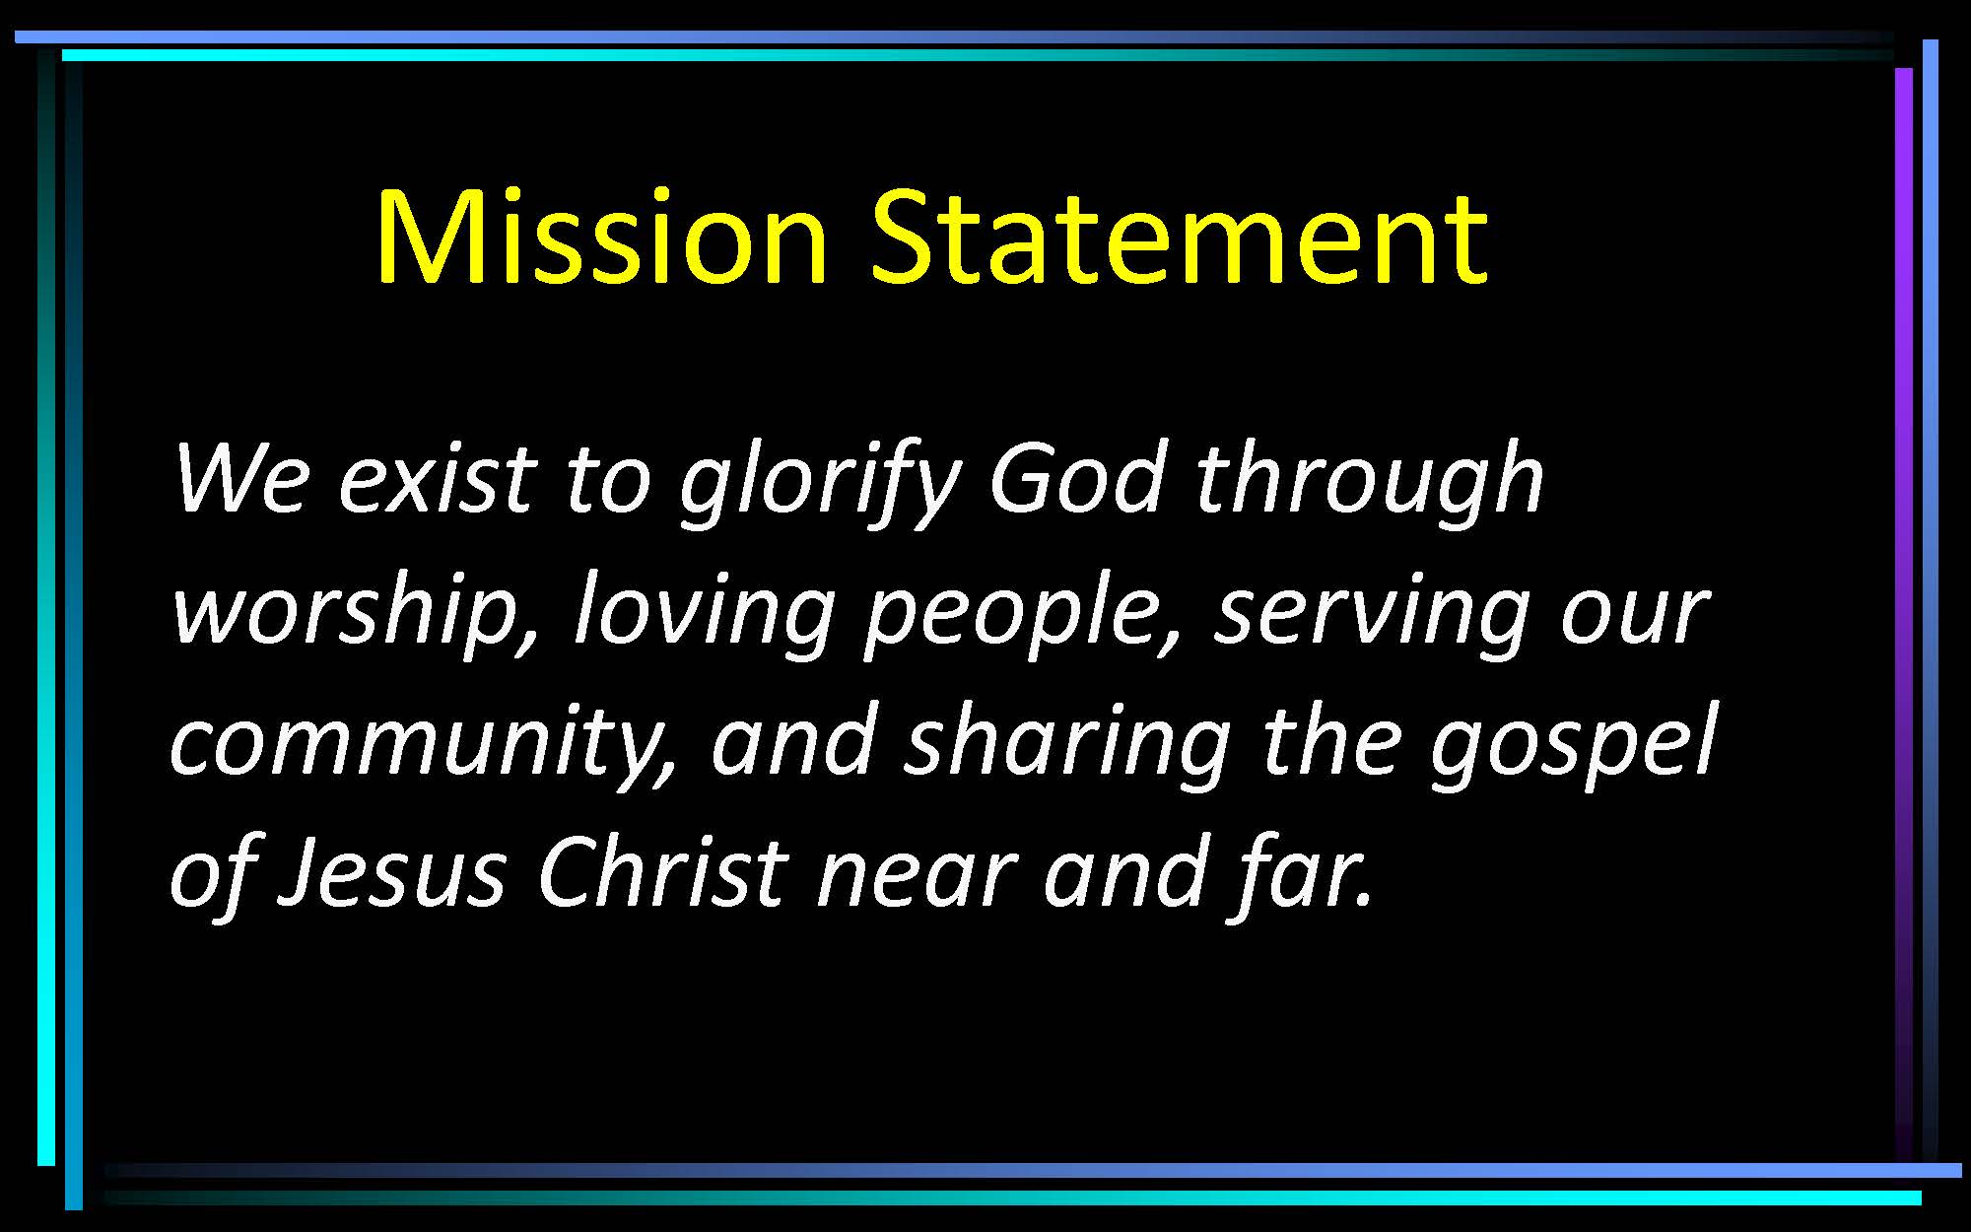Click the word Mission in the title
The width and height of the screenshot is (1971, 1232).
click(601, 237)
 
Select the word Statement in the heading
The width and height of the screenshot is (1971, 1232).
click(1179, 237)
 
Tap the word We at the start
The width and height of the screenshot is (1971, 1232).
click(242, 478)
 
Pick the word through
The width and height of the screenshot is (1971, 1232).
click(1370, 483)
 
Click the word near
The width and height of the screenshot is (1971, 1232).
click(917, 877)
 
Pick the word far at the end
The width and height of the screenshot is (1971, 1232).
click(1301, 872)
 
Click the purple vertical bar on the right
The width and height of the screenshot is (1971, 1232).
click(1903, 611)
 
